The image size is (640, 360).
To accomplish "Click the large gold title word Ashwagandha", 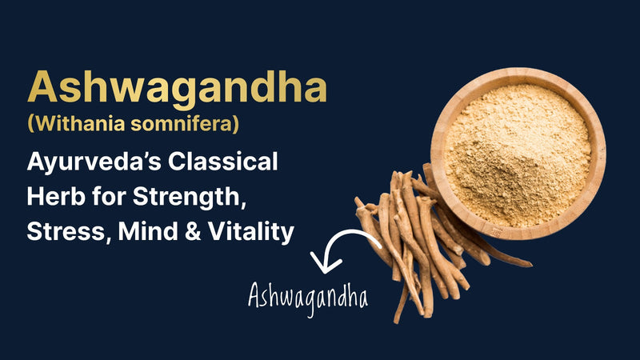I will [x=177, y=87].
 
